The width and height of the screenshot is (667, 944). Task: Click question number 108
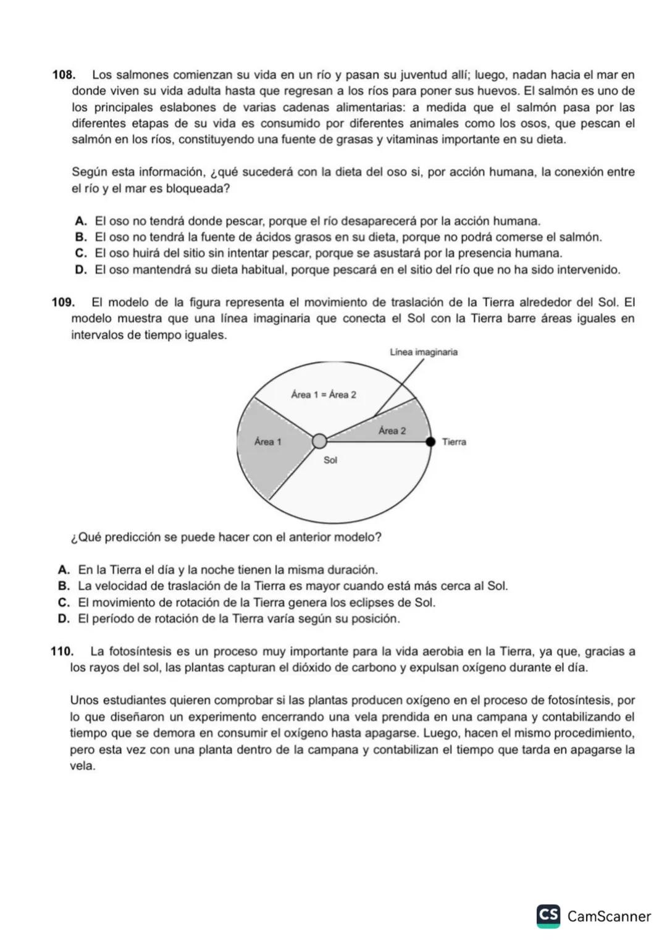[63, 75]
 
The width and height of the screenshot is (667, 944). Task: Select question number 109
[63, 303]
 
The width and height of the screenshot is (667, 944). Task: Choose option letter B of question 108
[80, 237]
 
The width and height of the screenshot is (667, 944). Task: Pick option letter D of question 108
[80, 270]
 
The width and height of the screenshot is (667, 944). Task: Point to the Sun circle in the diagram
[319, 441]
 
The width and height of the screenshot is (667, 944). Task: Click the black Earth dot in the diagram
[430, 441]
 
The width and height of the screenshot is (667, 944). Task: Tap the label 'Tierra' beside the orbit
[454, 442]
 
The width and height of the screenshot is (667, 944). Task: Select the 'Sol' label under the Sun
[330, 460]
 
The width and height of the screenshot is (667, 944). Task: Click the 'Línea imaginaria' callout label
[424, 352]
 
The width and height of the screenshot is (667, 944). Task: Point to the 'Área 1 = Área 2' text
[324, 395]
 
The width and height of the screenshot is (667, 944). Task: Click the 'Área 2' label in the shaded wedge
[392, 431]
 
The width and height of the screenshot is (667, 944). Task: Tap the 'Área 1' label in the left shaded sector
[267, 442]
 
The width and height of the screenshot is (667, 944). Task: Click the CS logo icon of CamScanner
[548, 915]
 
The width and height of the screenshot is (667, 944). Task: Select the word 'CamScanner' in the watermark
[609, 916]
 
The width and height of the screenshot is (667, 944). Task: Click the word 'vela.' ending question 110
[83, 767]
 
